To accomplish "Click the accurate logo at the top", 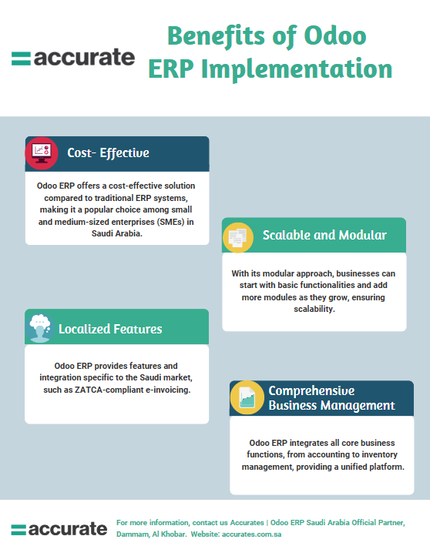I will click(73, 58).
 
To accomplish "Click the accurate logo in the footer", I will click(59, 529).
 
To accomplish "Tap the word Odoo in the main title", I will click(334, 35).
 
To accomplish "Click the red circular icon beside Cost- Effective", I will click(42, 152).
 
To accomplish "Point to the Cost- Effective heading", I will click(108, 153).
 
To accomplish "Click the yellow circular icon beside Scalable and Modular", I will click(238, 236).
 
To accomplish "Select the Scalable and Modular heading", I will click(324, 235).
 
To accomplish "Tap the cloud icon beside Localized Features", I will click(40, 327).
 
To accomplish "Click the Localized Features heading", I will click(110, 329).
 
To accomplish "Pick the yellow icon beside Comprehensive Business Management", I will click(247, 398).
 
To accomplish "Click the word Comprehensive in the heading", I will click(311, 390).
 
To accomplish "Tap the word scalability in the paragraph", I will click(314, 308).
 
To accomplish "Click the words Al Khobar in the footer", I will click(169, 534).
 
